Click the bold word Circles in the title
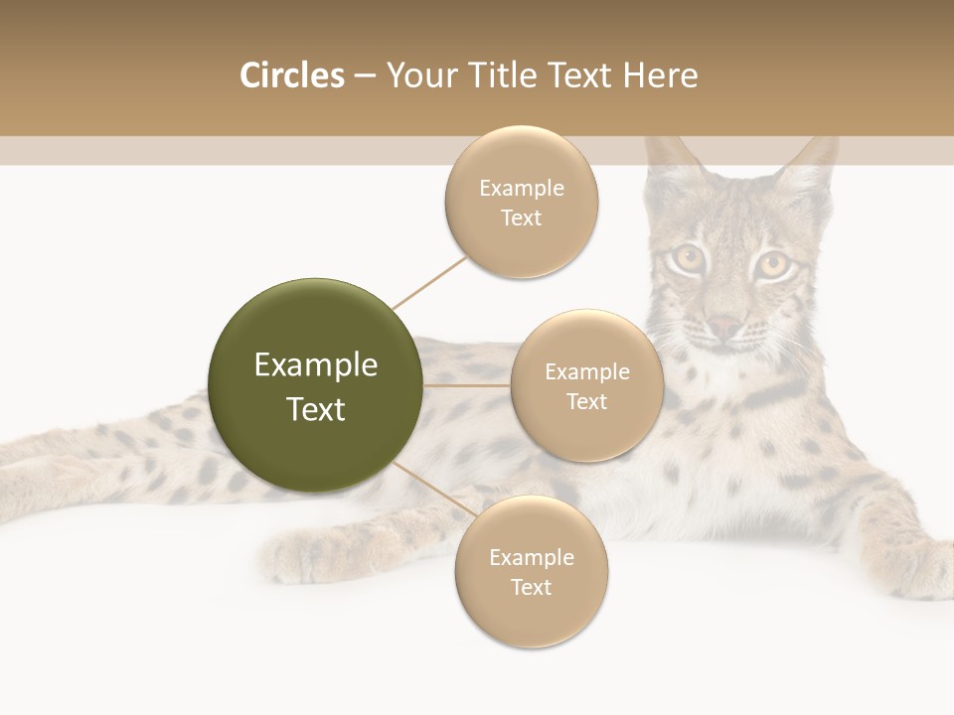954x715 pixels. coord(291,75)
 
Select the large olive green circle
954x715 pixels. coord(316,385)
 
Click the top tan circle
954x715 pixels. coord(521,202)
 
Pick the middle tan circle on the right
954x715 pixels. coord(586,385)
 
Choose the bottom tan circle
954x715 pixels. coord(531,571)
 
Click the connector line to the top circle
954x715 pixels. coord(429,282)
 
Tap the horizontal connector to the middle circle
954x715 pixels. coord(467,385)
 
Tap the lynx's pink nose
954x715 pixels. coord(724,327)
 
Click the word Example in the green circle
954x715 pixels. coord(316,364)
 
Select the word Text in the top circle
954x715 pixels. coord(521,217)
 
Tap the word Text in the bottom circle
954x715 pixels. coord(531,587)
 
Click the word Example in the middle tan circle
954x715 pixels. coord(586,371)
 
